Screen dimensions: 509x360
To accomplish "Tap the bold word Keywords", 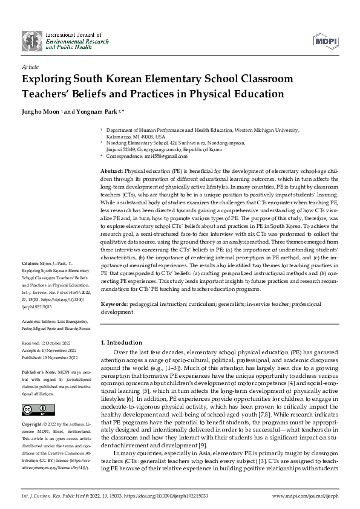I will (113, 305).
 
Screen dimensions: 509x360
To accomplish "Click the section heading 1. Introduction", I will (123, 342).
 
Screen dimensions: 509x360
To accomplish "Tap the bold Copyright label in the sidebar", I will (32, 424).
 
